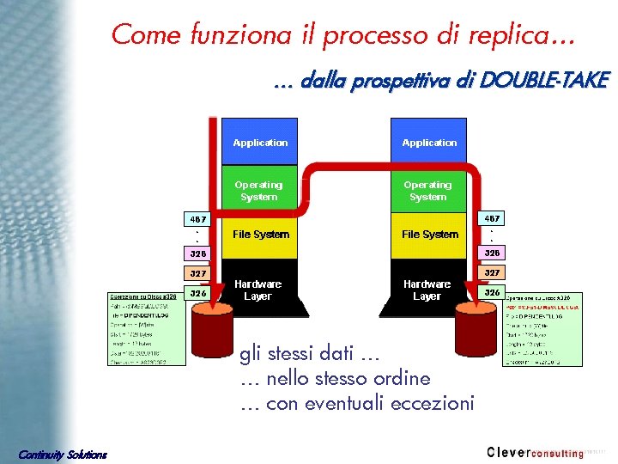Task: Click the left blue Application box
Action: [x=260, y=142]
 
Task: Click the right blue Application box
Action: [x=429, y=142]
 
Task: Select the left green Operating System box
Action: [x=259, y=191]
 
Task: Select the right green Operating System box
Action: [x=427, y=191]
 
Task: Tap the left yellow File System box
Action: [x=261, y=234]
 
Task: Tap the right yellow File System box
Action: [x=429, y=234]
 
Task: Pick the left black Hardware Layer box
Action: [x=257, y=290]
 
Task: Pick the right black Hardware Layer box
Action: [x=427, y=290]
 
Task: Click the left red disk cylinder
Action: [x=211, y=330]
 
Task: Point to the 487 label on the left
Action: [x=197, y=219]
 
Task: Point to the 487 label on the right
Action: [x=492, y=219]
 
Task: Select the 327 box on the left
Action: [x=197, y=272]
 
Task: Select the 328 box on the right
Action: [x=492, y=253]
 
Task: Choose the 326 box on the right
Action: [x=492, y=292]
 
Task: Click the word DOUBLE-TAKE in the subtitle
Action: [x=543, y=81]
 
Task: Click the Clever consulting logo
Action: [x=535, y=452]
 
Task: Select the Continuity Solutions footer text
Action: [x=63, y=454]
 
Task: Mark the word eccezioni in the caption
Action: [x=432, y=403]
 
